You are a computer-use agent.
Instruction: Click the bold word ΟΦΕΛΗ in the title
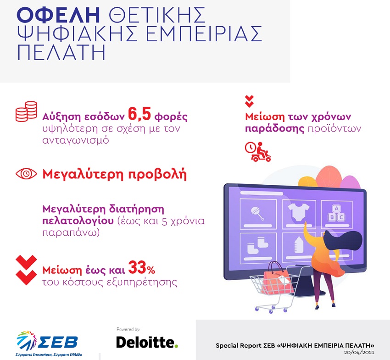pos(58,15)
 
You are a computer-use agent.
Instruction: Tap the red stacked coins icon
pos(26,111)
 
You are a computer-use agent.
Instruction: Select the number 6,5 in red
pos(139,114)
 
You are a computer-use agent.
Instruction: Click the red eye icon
pos(26,174)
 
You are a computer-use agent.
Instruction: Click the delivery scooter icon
pos(258,152)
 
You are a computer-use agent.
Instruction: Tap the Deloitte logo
pos(147,343)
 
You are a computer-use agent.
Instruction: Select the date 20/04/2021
pos(359,353)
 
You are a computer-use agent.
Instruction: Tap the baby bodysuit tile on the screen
pos(299,214)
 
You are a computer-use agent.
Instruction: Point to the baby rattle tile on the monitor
pos(258,214)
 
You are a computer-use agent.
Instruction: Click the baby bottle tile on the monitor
pos(297,247)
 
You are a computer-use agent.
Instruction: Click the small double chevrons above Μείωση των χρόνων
pos(249,101)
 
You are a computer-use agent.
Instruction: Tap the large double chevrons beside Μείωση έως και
pos(26,270)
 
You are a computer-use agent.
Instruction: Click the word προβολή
pos(157,175)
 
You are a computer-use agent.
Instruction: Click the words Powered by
pos(128,329)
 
